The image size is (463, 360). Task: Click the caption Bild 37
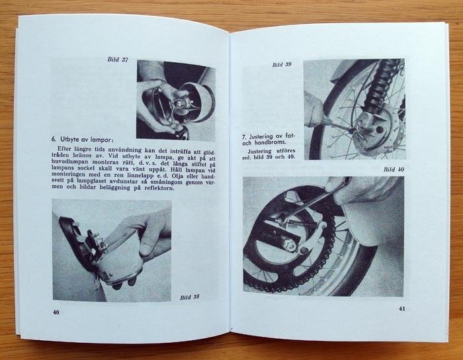coord(118,60)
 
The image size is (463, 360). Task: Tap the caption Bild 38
coord(190,297)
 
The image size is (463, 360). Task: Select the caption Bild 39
coord(282,65)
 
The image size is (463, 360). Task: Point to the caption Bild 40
coord(394,169)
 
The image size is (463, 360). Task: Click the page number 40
coord(56,312)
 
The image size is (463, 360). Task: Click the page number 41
coord(402,308)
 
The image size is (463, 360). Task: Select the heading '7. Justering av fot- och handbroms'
coord(269,140)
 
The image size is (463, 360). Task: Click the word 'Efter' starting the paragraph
coord(64,148)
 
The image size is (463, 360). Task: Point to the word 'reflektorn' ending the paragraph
coord(159,188)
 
